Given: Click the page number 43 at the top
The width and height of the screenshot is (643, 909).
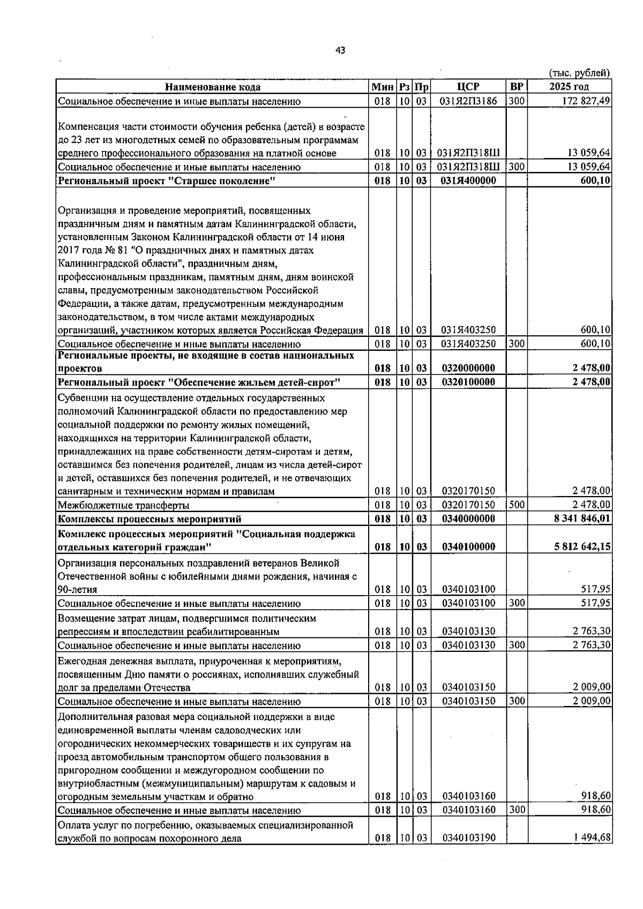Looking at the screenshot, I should click(x=340, y=50).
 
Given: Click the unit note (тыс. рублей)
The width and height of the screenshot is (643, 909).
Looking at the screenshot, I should click(x=579, y=73).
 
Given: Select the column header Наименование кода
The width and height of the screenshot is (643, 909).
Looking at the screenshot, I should click(x=213, y=87).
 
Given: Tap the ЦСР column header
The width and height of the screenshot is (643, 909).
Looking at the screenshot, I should click(x=468, y=87).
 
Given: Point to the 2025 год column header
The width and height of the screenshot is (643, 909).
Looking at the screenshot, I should click(x=569, y=87).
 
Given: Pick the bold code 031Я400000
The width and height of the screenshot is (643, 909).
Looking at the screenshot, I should click(x=468, y=181).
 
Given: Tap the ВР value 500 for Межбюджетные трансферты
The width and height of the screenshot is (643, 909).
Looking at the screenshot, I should click(x=517, y=505).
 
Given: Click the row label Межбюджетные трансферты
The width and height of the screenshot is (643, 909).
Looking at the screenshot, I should click(x=123, y=505).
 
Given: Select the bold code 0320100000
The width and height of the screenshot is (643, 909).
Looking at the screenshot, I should click(x=468, y=382).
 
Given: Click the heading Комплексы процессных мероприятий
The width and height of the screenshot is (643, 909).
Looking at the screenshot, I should click(x=149, y=519).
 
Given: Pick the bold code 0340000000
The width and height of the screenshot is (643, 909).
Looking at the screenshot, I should click(x=468, y=519).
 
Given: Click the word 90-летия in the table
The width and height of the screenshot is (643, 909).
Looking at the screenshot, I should click(x=77, y=590).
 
